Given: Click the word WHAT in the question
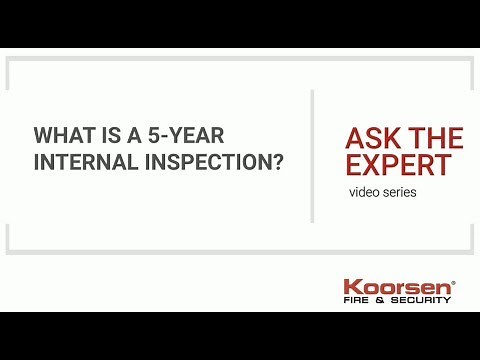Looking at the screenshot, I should click(57, 135).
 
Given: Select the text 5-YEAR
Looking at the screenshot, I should click(169, 135).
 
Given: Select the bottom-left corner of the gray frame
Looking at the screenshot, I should click(8, 251).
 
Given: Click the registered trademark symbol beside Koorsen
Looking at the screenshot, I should click(453, 281).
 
